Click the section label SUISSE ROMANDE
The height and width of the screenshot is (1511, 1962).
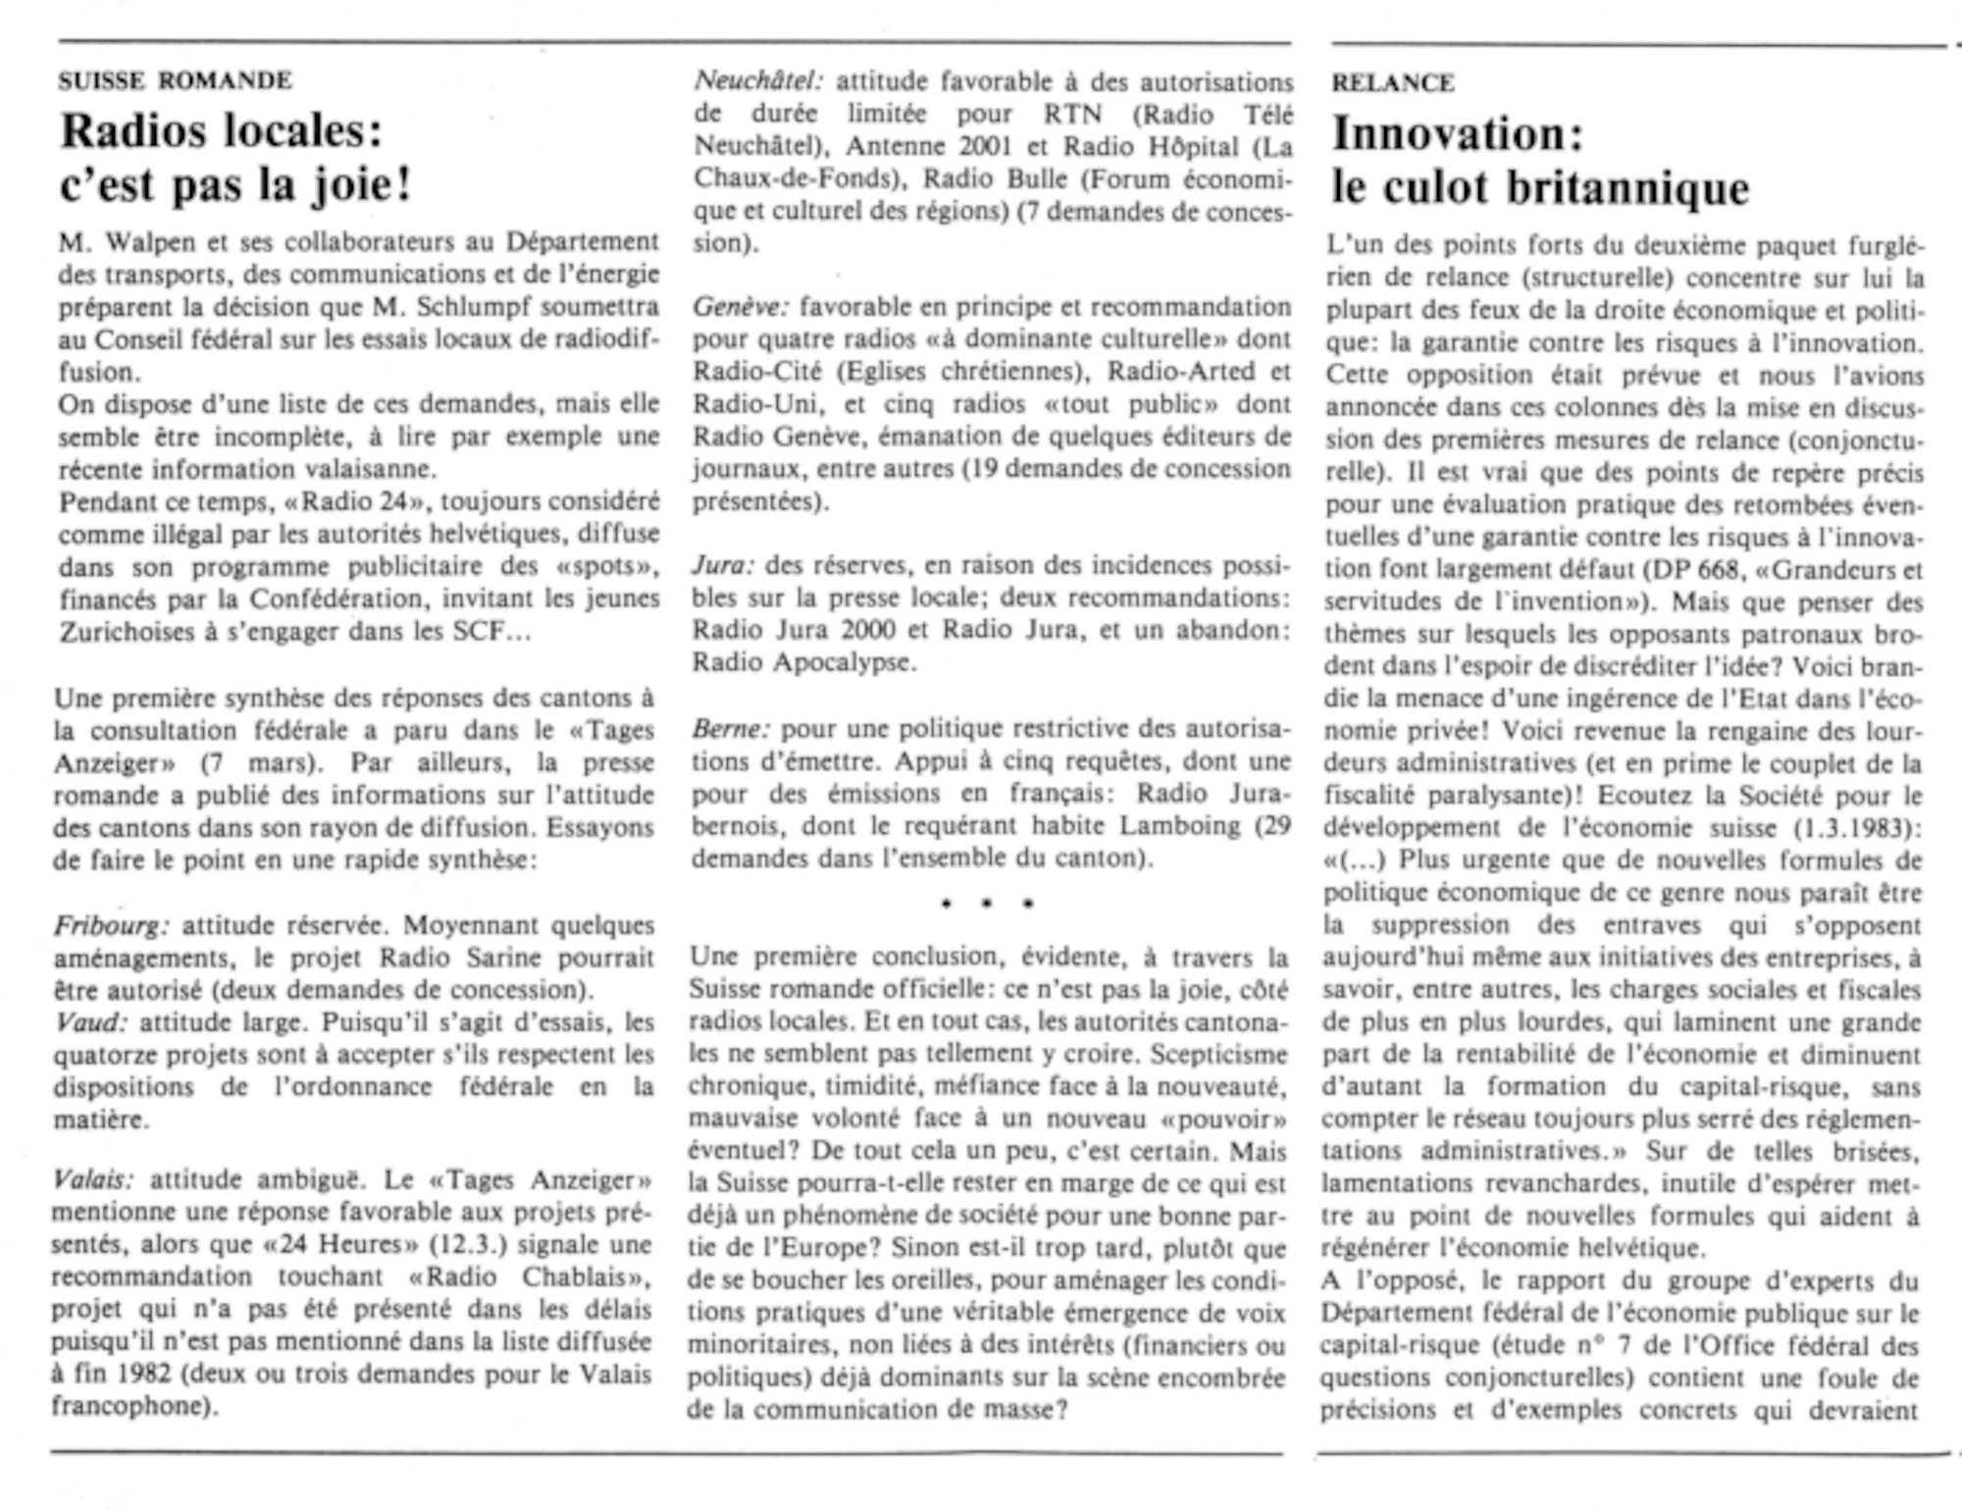pyautogui.click(x=175, y=80)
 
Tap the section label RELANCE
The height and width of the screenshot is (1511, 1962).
pyautogui.click(x=1392, y=83)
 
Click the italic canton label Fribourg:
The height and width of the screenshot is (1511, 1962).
pyautogui.click(x=112, y=925)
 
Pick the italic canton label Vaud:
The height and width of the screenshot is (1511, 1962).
pyautogui.click(x=90, y=1022)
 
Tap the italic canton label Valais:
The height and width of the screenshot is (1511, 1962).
pyautogui.click(x=93, y=1179)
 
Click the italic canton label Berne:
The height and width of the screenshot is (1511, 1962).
pyautogui.click(x=731, y=729)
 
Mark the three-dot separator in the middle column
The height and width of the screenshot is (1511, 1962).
pyautogui.click(x=987, y=903)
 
